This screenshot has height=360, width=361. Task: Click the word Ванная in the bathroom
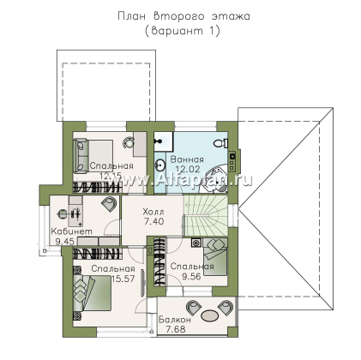coord(191,160)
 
